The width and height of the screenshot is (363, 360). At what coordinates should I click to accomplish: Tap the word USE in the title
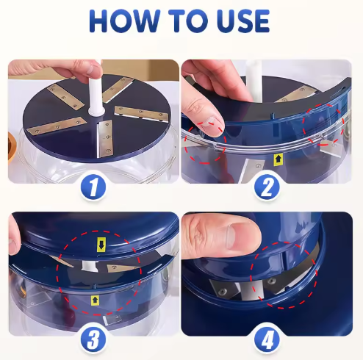(x=243, y=21)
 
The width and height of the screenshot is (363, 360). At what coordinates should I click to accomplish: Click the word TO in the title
(x=188, y=21)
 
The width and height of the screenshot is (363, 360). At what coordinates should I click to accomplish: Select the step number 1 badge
(x=93, y=187)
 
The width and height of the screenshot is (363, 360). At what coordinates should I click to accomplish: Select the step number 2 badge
(x=267, y=187)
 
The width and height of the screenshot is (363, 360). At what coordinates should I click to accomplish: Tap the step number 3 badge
(x=93, y=339)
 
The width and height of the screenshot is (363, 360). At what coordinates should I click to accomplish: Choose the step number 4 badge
(x=267, y=339)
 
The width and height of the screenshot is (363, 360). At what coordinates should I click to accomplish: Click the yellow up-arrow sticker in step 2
(x=278, y=159)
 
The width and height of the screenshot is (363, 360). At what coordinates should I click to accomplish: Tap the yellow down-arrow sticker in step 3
(x=101, y=244)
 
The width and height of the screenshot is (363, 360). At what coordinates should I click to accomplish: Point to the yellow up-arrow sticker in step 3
(x=96, y=300)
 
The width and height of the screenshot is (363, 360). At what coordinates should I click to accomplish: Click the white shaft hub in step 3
(x=90, y=266)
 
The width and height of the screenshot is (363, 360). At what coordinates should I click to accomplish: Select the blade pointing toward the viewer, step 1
(x=104, y=139)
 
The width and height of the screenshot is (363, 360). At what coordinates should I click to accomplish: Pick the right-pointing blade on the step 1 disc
(x=141, y=114)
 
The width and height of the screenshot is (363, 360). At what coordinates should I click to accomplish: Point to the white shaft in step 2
(x=253, y=81)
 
